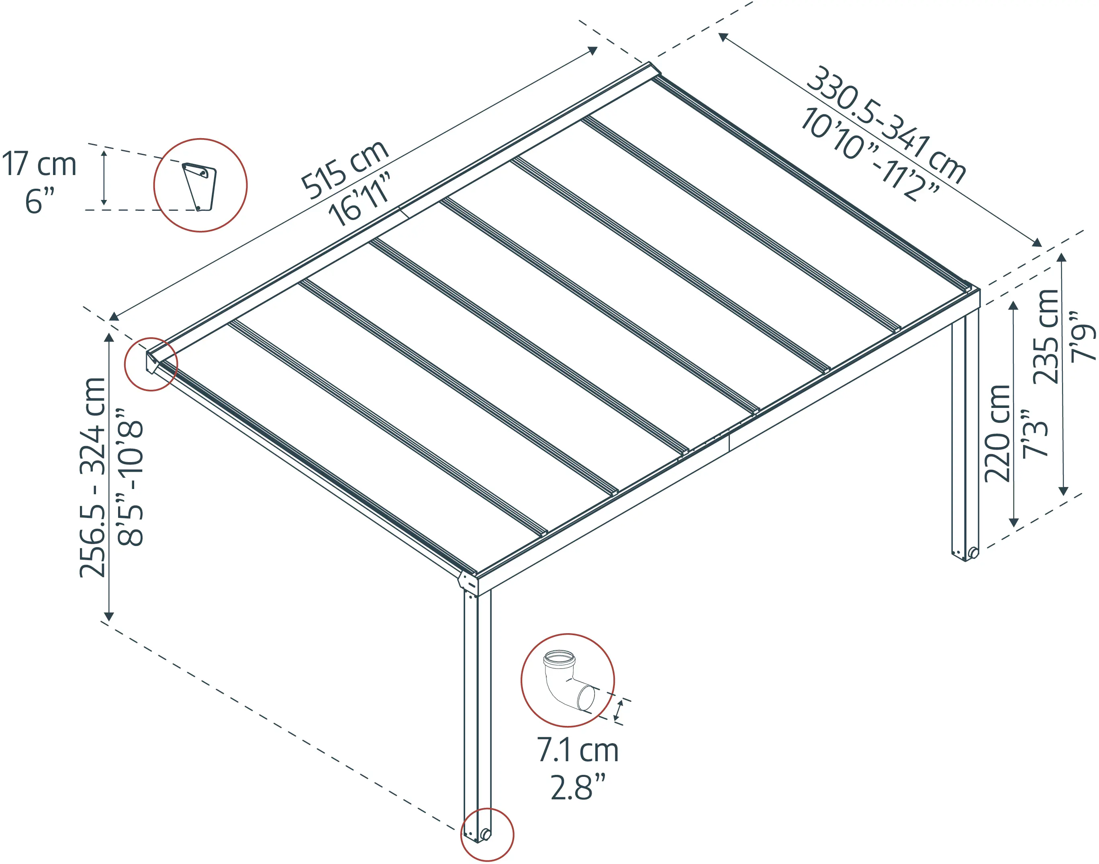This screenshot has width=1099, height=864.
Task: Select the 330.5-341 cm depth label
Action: pyautogui.click(x=885, y=124)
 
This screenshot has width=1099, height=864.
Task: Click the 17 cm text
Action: pyautogui.click(x=39, y=164)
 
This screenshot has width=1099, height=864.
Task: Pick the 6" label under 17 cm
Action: pyautogui.click(x=39, y=201)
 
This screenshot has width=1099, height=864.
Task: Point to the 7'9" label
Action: pyautogui.click(x=1083, y=336)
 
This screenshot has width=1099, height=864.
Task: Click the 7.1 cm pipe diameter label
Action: pyautogui.click(x=577, y=750)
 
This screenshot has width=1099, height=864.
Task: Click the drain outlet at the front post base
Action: pyautogui.click(x=486, y=833)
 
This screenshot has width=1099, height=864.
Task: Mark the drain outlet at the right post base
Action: pyautogui.click(x=973, y=552)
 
